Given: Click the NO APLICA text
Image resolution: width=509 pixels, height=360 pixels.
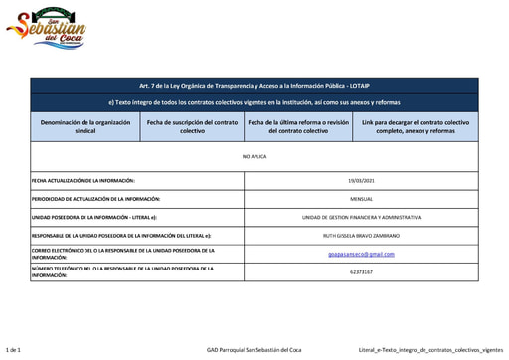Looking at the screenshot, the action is tap(254, 157).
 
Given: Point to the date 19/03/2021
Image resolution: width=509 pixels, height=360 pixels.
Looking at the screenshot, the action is tap(361, 180).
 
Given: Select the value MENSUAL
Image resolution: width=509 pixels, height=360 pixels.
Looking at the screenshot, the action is tap(361, 198).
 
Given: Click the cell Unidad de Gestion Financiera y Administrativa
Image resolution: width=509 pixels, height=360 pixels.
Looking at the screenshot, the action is tap(361, 216).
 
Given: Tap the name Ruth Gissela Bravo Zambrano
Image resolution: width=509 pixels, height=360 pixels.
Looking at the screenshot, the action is tap(361, 235).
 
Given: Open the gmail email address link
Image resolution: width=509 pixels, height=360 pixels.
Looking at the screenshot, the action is tap(361, 253).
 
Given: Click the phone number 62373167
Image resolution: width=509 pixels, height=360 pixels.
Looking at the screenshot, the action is tap(361, 270).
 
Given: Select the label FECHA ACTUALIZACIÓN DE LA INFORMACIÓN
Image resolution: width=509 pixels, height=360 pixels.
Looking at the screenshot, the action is tap(84, 180).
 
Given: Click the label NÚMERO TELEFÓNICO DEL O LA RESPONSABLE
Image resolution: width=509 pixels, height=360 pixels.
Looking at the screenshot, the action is tap(109, 270).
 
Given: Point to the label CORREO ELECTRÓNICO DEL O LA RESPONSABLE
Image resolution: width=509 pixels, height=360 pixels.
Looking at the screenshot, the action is tap(109, 253).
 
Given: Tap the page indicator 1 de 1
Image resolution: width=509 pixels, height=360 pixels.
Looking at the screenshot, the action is tap(15, 350).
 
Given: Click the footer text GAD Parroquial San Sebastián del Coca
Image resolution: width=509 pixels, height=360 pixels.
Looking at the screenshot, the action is tap(254, 350).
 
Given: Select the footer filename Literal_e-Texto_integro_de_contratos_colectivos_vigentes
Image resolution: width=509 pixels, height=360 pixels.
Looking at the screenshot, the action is tap(430, 350).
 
